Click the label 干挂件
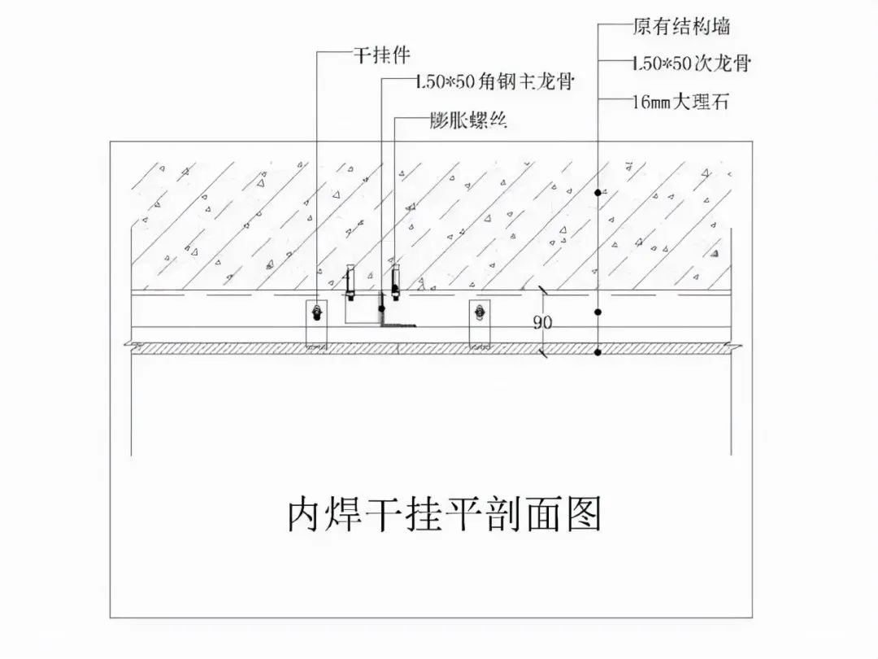tap(380, 55)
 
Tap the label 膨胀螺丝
tap(468, 121)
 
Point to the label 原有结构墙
tap(680, 26)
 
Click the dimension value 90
tap(542, 322)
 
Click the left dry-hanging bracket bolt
tap(316, 310)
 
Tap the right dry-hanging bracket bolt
tap(480, 310)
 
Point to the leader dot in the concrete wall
tap(598, 192)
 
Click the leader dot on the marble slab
tap(598, 351)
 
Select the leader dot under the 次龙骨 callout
tap(598, 312)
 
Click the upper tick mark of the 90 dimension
tap(542, 290)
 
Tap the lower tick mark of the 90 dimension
tap(542, 351)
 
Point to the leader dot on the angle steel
tap(381, 309)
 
